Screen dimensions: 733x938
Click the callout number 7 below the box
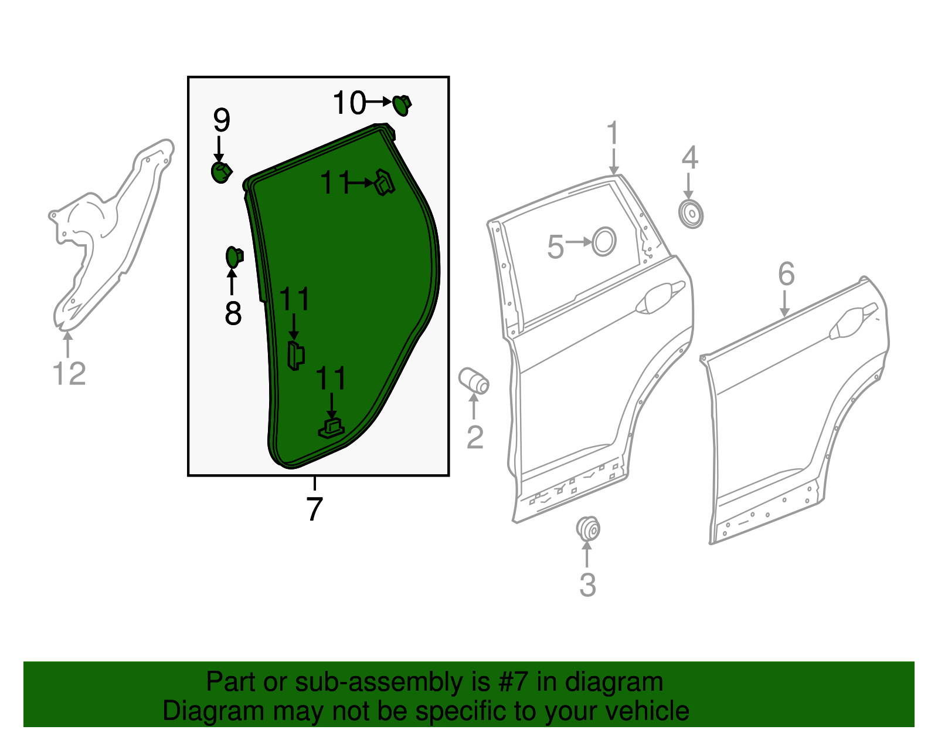pos(314,509)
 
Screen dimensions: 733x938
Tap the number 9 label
pos(221,121)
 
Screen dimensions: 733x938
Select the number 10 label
pos(349,103)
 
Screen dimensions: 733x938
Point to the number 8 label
pos(233,313)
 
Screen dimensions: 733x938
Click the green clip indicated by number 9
pos(221,172)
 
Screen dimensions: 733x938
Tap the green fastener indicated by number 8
pos(234,257)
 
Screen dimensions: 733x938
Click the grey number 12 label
pos(69,374)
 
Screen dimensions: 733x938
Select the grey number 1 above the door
pos(613,133)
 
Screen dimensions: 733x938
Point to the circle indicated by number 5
pos(604,241)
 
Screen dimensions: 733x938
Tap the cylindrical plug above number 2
pos(474,380)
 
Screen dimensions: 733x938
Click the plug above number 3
pos(587,528)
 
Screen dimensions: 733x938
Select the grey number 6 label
pos(786,274)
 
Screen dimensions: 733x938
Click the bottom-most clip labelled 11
pos(331,430)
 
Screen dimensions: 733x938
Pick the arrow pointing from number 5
pos(579,242)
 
